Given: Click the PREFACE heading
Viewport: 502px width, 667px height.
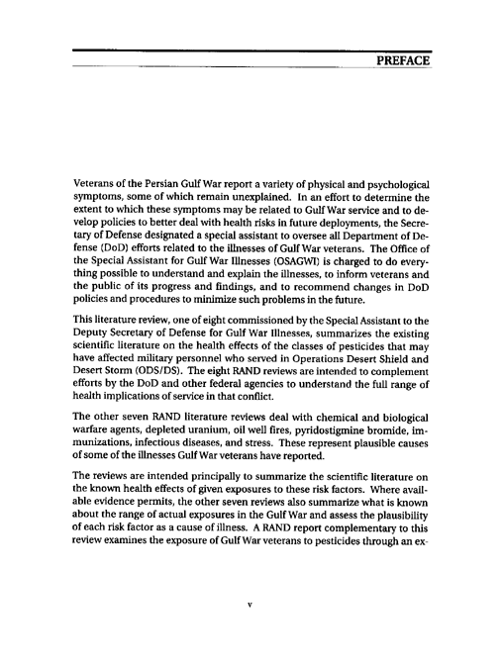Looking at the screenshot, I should click(402, 62).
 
